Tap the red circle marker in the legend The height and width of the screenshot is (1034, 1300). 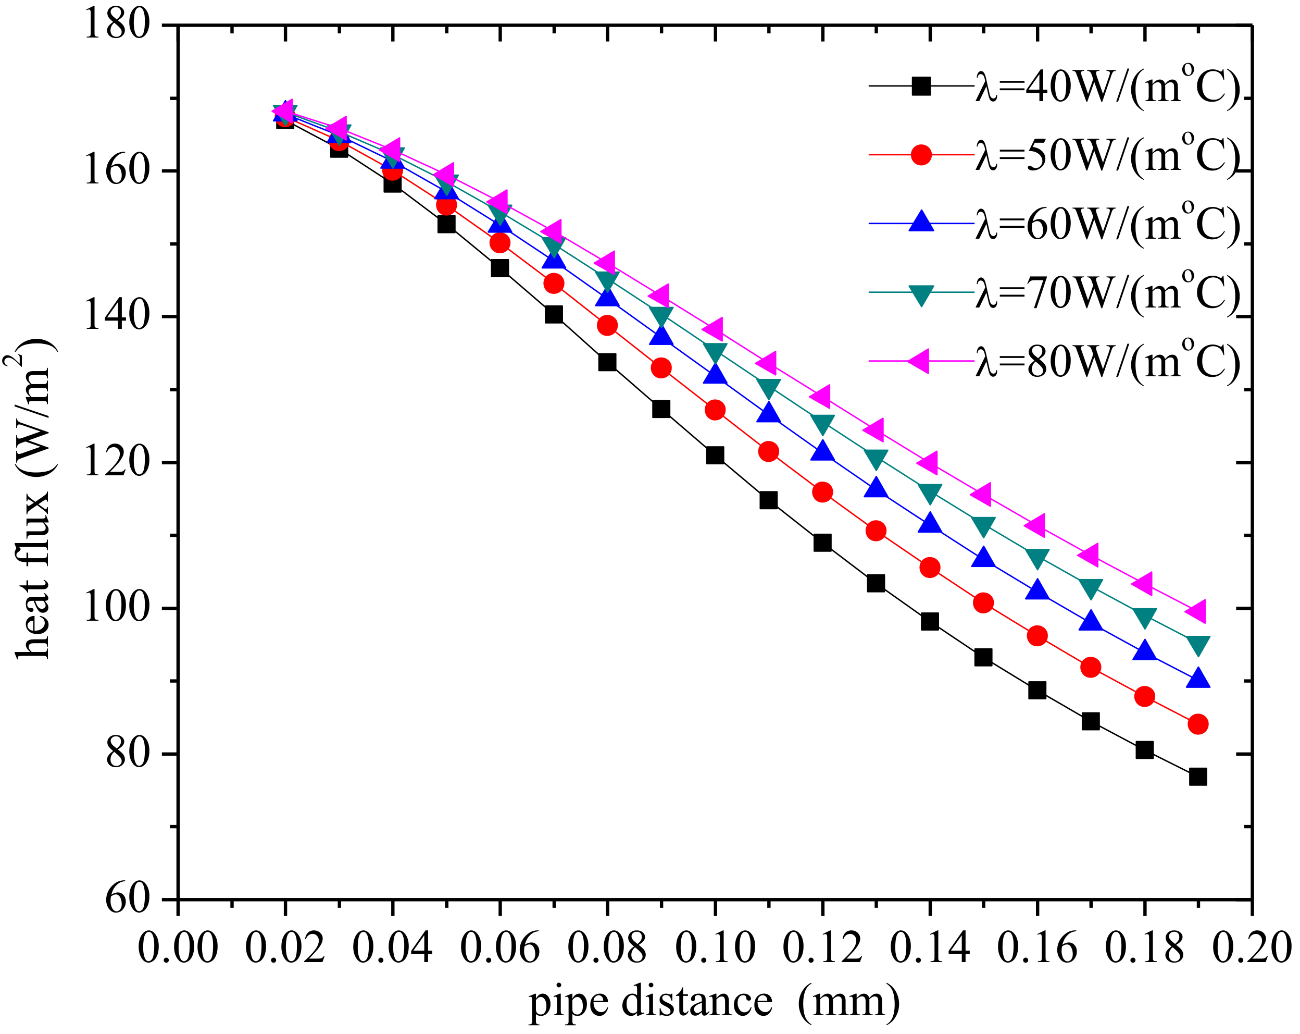point(921,155)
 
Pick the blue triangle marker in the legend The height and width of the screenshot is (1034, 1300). point(921,222)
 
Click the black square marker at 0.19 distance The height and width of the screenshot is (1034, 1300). point(1197,777)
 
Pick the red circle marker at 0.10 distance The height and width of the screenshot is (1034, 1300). point(715,410)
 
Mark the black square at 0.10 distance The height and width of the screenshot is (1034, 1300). point(715,455)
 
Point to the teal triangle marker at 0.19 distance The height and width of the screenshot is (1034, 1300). point(1197,645)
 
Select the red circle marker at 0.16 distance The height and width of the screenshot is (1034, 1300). point(1036,635)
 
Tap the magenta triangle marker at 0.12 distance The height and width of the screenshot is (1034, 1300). point(821,396)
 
